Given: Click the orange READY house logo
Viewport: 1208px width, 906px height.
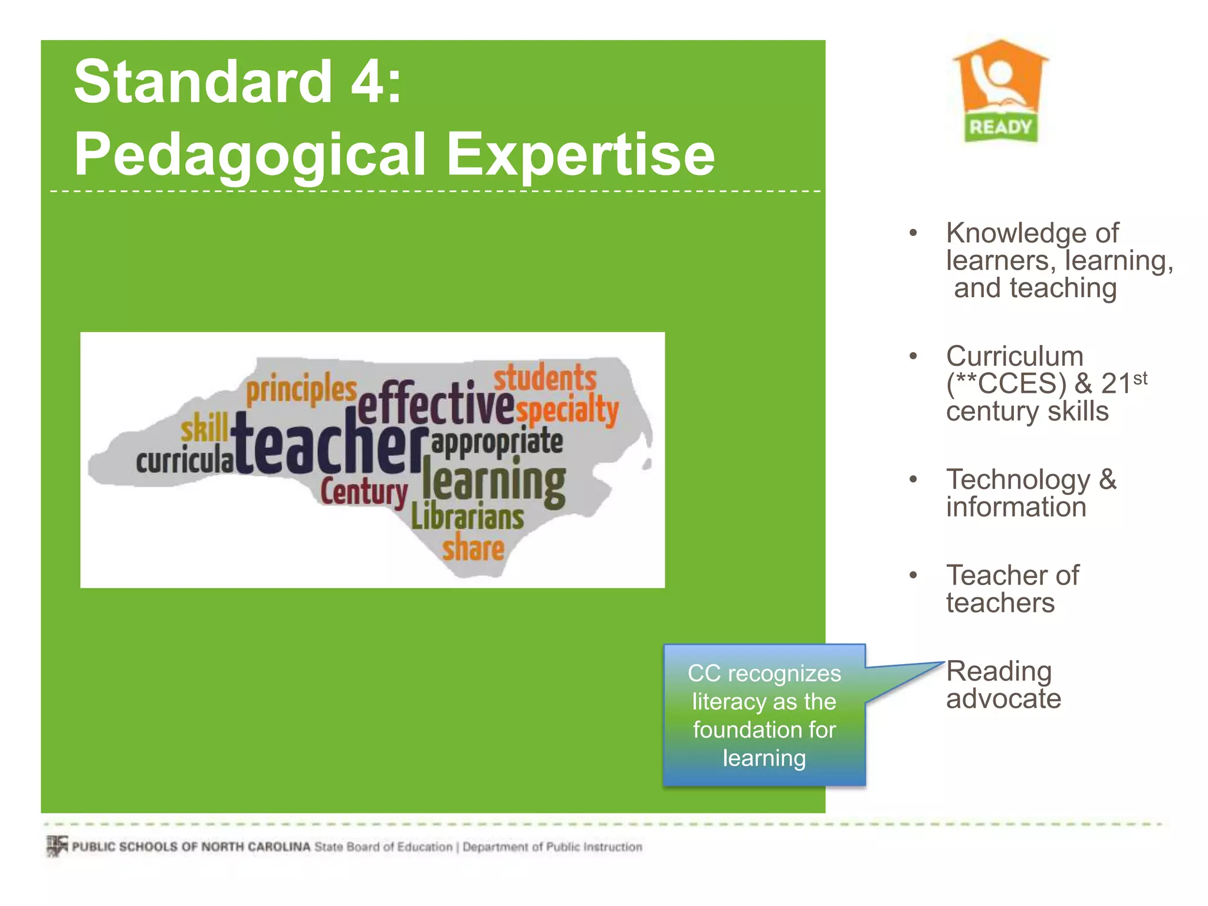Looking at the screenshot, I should [1000, 91].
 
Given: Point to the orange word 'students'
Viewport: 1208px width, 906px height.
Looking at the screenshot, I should [545, 377].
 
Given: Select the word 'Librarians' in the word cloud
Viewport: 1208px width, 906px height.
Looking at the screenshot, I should [467, 517].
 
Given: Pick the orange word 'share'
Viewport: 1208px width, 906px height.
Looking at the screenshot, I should [473, 548].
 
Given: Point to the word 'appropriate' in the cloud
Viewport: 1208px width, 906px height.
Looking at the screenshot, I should [497, 442].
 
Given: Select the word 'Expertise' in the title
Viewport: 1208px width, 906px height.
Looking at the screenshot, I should [580, 154].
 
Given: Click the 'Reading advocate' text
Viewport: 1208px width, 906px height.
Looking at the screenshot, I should [1003, 685].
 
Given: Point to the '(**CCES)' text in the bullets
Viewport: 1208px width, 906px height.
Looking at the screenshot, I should [1006, 384].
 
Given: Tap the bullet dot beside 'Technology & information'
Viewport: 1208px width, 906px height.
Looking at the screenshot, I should [913, 480].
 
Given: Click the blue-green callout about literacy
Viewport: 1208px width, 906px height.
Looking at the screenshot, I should [764, 715].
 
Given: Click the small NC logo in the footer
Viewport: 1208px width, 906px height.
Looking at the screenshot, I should [57, 846].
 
